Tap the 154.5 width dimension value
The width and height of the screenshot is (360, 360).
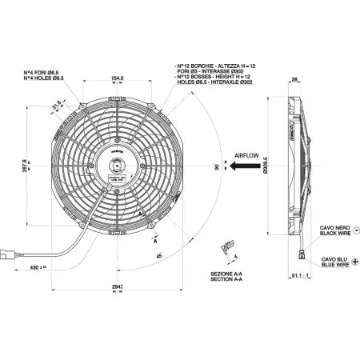coord(119,78)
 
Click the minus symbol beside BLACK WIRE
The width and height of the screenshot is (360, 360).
coord(354,230)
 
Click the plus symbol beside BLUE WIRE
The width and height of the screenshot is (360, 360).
coord(354,261)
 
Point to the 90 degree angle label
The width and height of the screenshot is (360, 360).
coord(215,169)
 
